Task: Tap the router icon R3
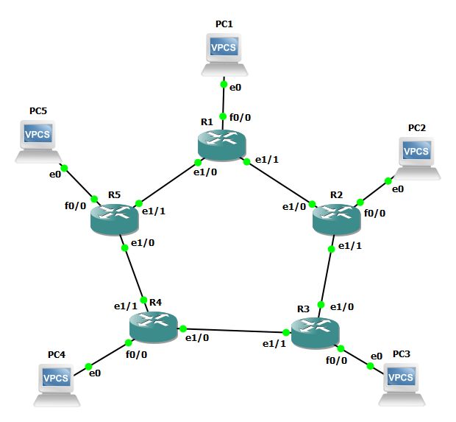click(316, 333)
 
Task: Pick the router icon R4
click(152, 326)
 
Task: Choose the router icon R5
click(114, 219)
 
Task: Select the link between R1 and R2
click(279, 182)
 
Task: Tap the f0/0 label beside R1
click(240, 116)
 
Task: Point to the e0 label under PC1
click(235, 88)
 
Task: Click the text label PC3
click(402, 354)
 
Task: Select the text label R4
click(155, 302)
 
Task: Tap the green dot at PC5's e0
click(64, 168)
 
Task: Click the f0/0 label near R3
click(336, 361)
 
